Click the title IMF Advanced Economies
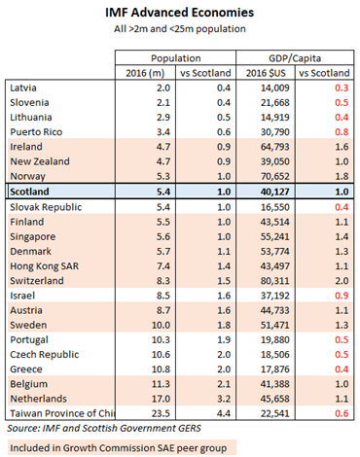pyautogui.click(x=181, y=13)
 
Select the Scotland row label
pyautogui.click(x=30, y=192)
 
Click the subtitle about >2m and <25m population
pyautogui.click(x=181, y=31)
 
